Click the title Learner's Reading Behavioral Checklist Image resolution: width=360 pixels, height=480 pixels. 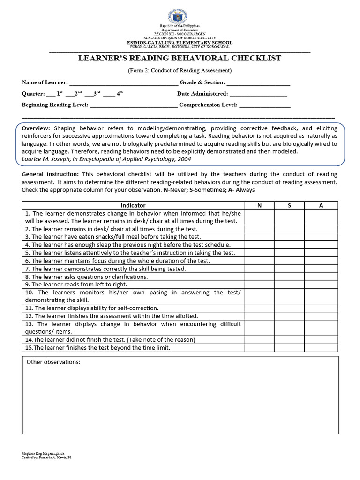pos(180,58)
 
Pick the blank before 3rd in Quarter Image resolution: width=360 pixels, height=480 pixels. pos(89,94)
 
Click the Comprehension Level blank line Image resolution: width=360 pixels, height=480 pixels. pos(265,105)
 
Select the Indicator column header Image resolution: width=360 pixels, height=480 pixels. pos(133,205)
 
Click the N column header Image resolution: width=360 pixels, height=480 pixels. pos(259,205)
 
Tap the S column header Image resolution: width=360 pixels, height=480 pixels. pos(289,205)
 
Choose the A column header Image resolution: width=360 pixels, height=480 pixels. pos(321,205)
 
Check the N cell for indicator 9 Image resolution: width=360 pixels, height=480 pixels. pos(259,284)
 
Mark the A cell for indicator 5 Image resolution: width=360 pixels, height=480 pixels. pos(321,252)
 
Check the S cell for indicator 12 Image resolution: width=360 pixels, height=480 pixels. pos(289,316)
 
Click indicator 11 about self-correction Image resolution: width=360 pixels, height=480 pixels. pos(92,308)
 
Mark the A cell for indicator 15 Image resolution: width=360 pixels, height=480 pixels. pos(321,348)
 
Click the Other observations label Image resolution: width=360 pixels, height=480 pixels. pos(53,362)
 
